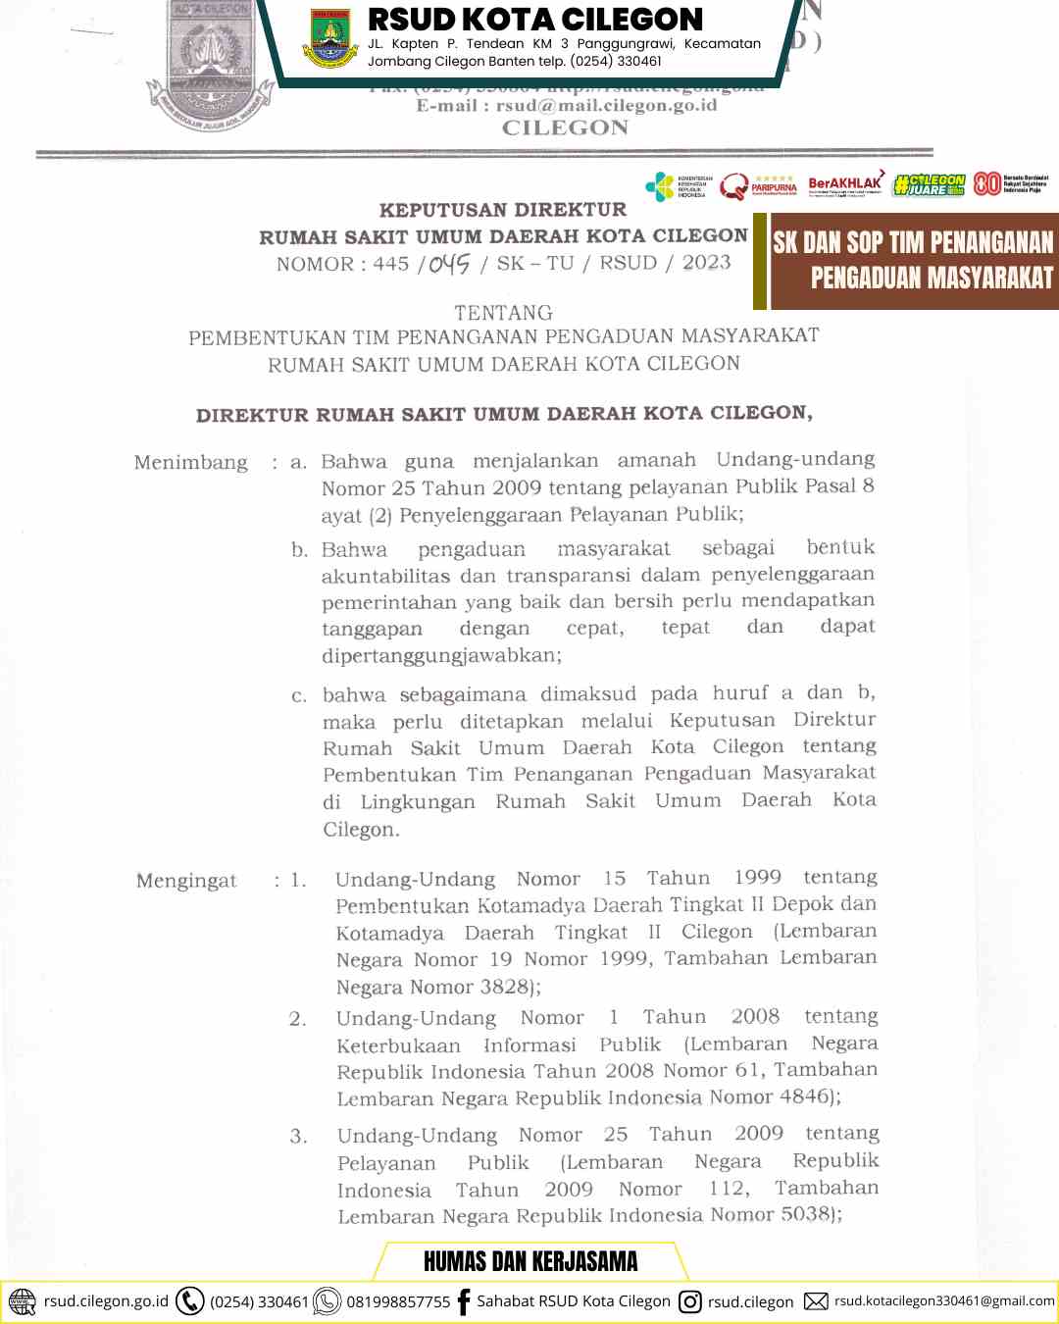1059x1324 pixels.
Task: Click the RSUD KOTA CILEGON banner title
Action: coord(535,20)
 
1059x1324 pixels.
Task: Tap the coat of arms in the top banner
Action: coord(330,38)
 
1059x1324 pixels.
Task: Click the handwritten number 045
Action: coord(449,264)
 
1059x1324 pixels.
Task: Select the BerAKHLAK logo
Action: coord(845,183)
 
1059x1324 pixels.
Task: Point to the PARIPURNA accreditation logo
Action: coord(760,184)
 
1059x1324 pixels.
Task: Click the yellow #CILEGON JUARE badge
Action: coord(930,184)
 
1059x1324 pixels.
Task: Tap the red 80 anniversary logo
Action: coord(986,183)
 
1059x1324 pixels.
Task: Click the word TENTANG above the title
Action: coord(503,313)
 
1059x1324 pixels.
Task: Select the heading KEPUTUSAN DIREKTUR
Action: coord(502,210)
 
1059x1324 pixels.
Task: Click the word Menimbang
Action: coord(191,463)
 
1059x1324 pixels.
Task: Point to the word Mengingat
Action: coord(186,881)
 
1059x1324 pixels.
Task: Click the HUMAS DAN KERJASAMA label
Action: coord(530,1261)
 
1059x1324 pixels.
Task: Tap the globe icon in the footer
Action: coord(22,1301)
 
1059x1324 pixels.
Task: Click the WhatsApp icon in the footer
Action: coord(327,1301)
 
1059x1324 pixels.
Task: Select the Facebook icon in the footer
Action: coord(464,1301)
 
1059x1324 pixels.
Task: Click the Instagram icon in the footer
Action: coord(690,1301)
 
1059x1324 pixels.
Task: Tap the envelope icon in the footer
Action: coord(816,1301)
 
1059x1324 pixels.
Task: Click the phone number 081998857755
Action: coord(398,1302)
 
